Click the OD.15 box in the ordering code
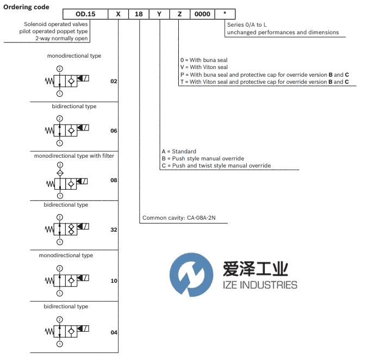pyautogui.click(x=85, y=14)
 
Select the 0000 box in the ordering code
pyautogui.click(x=202, y=14)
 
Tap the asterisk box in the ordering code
pyautogui.click(x=225, y=14)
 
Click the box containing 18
pyautogui.click(x=139, y=14)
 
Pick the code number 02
pyautogui.click(x=114, y=82)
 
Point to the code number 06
pyautogui.click(x=114, y=131)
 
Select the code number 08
pyautogui.click(x=114, y=180)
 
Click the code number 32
pyautogui.click(x=114, y=230)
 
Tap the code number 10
pyautogui.click(x=114, y=281)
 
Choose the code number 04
pyautogui.click(x=114, y=332)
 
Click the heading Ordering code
pyautogui.click(x=26, y=7)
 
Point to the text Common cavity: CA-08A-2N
pyautogui.click(x=179, y=218)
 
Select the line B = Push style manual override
pyautogui.click(x=203, y=158)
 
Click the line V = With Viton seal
pyautogui.click(x=204, y=67)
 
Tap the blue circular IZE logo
pyautogui.click(x=191, y=275)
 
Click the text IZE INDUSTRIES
pyautogui.click(x=260, y=285)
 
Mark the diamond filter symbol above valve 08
pyautogui.click(x=60, y=173)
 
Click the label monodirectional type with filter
pyautogui.click(x=74, y=156)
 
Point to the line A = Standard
pyautogui.click(x=179, y=152)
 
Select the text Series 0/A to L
pyautogui.click(x=247, y=24)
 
